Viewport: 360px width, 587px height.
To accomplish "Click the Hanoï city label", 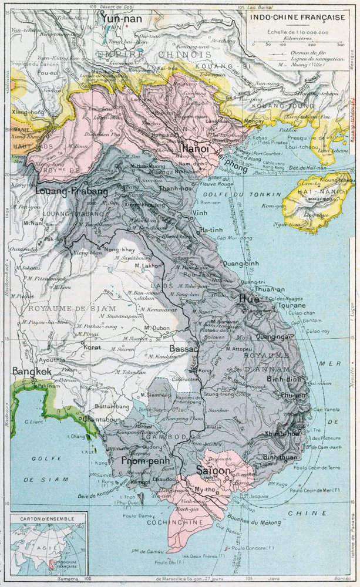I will tap(196, 150).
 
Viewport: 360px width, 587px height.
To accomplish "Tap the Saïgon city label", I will tap(215, 470).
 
